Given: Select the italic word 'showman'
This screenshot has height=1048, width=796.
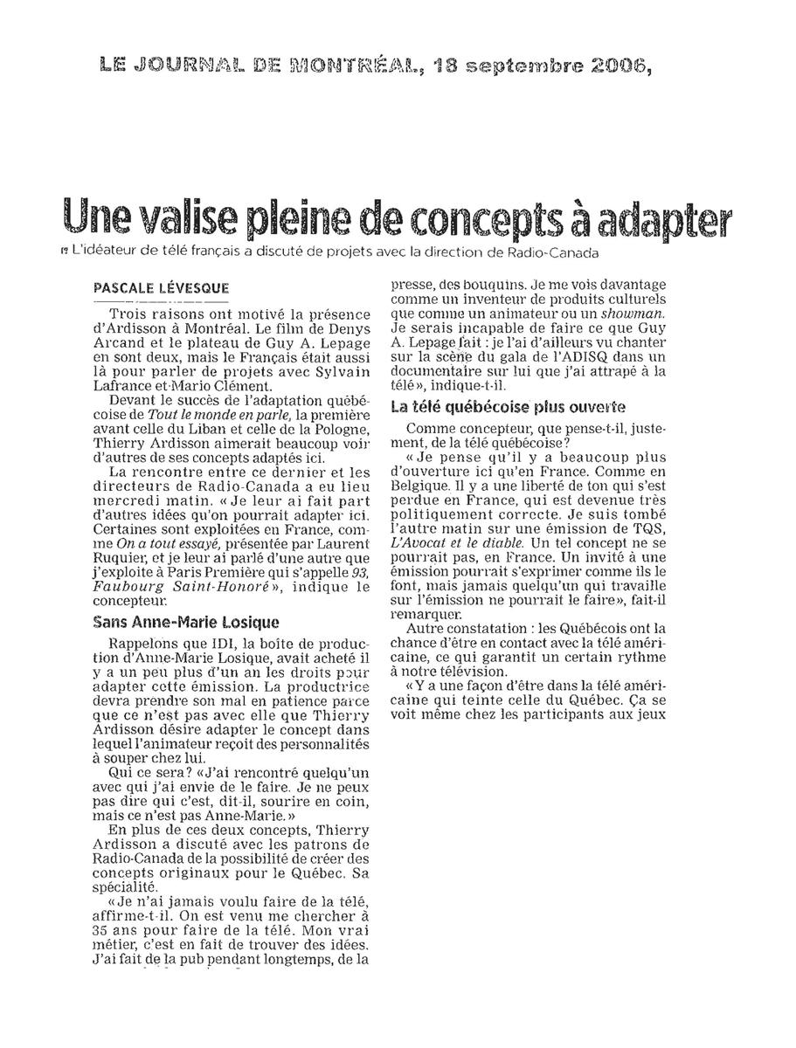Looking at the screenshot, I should pyautogui.click(x=639, y=313).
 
